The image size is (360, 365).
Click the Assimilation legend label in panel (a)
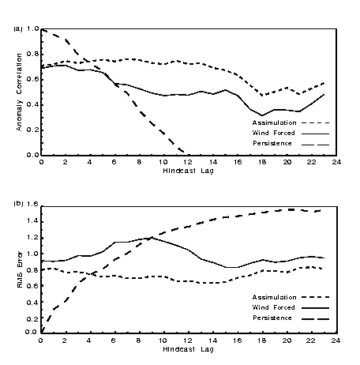coord(274,122)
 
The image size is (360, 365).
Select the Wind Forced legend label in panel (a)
coord(273,133)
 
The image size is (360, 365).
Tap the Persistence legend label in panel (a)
coord(272,143)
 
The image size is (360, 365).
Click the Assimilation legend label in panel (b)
coord(274,297)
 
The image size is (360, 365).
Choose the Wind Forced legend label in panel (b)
coord(273,307)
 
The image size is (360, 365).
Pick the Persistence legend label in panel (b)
coord(272,318)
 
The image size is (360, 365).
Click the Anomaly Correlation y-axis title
coord(19,92)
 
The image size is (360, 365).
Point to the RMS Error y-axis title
coord(20,269)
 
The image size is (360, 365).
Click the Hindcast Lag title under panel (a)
coord(188,171)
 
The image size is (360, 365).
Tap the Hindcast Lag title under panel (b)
coord(188,349)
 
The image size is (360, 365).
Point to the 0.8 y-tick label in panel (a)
coord(32,54)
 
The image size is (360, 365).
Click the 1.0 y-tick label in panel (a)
coord(32,28)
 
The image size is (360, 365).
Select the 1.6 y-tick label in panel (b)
coord(32,205)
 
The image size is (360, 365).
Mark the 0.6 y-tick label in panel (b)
coord(32,286)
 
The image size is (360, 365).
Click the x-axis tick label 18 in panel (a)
coord(262,162)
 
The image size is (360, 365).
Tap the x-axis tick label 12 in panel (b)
coord(188,341)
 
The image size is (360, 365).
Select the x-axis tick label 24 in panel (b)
coord(336,341)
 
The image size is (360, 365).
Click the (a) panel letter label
coord(18,28)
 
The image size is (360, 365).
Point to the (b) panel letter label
coord(18,204)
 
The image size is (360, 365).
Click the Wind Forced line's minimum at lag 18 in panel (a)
coord(262,115)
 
